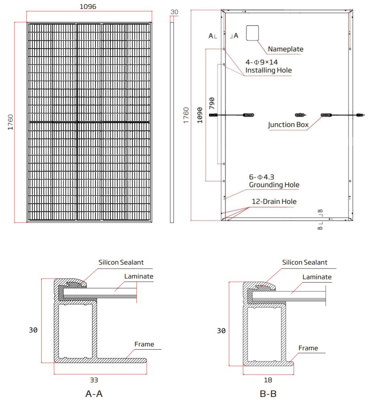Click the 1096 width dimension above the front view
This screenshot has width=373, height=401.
(x=88, y=7)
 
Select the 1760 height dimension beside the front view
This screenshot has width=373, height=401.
(x=10, y=122)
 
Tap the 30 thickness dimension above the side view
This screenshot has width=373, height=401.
(x=174, y=12)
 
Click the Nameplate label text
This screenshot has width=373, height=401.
(x=286, y=49)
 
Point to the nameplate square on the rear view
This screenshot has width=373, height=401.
(x=252, y=33)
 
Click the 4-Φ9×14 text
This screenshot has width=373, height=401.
(x=262, y=62)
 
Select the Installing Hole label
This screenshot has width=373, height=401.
(x=268, y=70)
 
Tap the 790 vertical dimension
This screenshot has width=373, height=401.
(x=212, y=104)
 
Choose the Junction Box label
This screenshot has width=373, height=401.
(x=288, y=125)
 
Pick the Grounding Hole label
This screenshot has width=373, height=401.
(x=274, y=185)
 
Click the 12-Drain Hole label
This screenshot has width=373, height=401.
(x=274, y=201)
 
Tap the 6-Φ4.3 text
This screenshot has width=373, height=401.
(x=262, y=177)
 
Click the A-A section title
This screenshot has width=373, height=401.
(x=94, y=393)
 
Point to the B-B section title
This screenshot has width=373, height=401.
(x=268, y=393)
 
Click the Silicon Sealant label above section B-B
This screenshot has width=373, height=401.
(x=304, y=262)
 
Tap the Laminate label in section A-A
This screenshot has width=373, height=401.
(x=139, y=276)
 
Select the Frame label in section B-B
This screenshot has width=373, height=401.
(x=308, y=348)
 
